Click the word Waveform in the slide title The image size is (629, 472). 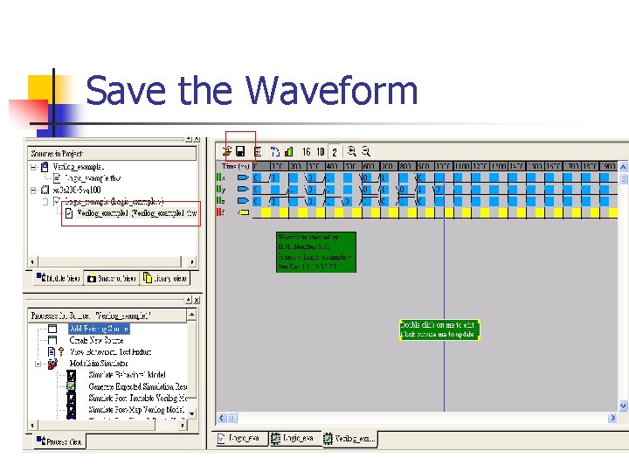[331, 91]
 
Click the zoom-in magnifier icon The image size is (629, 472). [352, 151]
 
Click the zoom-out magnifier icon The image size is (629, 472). [366, 151]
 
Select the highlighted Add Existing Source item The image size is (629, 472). [99, 329]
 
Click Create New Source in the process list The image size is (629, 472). [96, 340]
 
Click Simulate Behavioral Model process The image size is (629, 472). [128, 374]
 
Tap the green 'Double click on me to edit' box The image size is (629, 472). [439, 330]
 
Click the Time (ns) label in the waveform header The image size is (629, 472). [236, 165]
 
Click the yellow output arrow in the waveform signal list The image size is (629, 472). [244, 212]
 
